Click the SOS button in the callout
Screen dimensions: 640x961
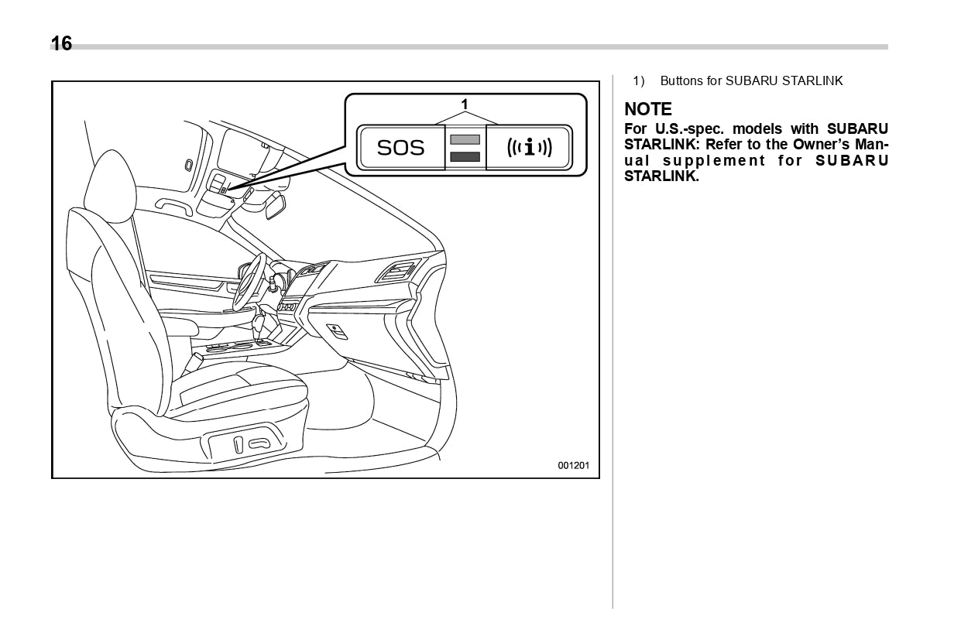[400, 147]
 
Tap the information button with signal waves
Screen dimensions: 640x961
[529, 147]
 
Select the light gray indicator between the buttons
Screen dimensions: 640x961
[465, 139]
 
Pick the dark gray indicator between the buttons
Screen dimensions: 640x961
[465, 156]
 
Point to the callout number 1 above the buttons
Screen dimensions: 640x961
[465, 103]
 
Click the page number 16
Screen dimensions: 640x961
[61, 44]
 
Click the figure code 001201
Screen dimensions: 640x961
[574, 466]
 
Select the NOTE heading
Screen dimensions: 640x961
[648, 109]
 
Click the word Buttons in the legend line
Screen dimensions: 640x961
[681, 81]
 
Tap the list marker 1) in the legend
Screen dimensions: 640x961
[639, 81]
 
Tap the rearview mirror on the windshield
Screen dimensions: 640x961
[274, 204]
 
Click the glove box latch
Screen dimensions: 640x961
[338, 330]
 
